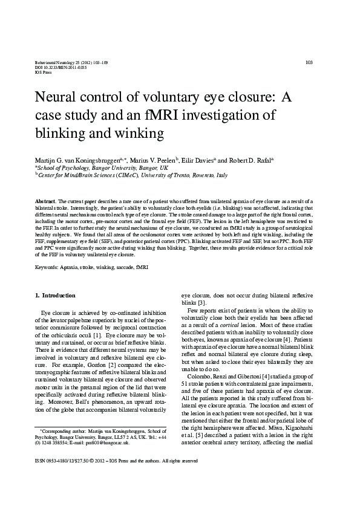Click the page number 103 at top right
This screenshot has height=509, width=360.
(309, 62)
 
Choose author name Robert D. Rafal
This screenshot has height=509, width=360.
(250, 160)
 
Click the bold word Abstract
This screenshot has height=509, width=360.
(45, 200)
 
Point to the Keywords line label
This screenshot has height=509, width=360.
(46, 266)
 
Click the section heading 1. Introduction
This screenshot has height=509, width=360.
(55, 295)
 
